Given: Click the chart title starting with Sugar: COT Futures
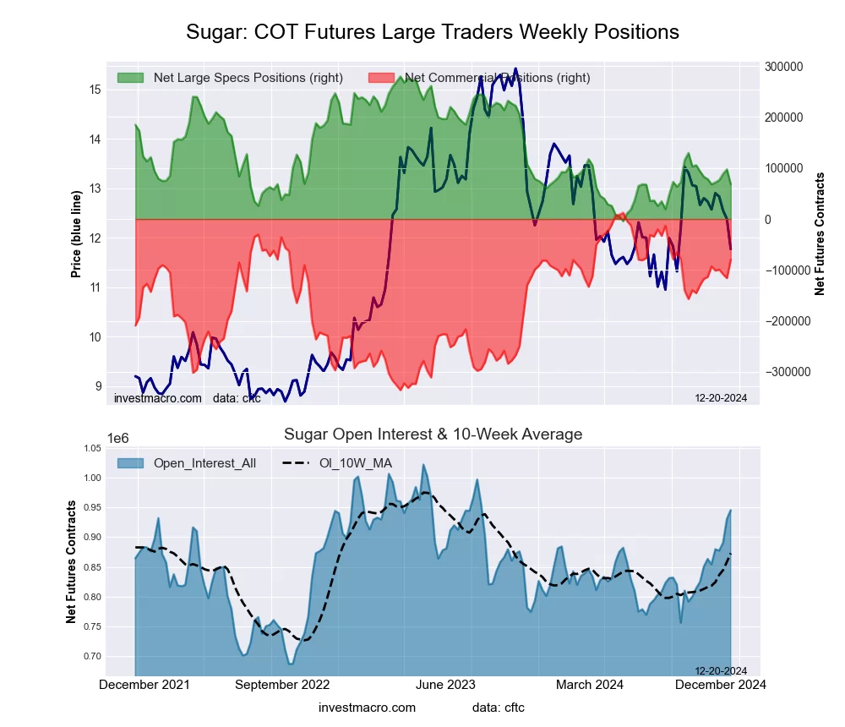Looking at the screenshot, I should (x=433, y=32).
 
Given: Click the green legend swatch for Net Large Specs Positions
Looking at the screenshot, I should (x=130, y=78).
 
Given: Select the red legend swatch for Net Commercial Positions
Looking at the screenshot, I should (x=382, y=78).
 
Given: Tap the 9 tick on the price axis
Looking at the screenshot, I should (x=98, y=386).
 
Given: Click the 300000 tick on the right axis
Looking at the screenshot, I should (x=782, y=67).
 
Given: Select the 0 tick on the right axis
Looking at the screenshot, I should (x=767, y=220).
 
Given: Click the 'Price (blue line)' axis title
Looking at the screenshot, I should (x=76, y=234).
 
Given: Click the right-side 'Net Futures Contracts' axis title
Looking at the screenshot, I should (x=820, y=234).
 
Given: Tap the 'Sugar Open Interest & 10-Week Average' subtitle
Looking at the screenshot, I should (x=433, y=435).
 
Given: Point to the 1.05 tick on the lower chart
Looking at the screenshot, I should (x=92, y=448).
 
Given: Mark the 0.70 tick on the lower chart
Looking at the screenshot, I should (x=92, y=656).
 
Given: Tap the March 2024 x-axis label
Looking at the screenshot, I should (x=591, y=685).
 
